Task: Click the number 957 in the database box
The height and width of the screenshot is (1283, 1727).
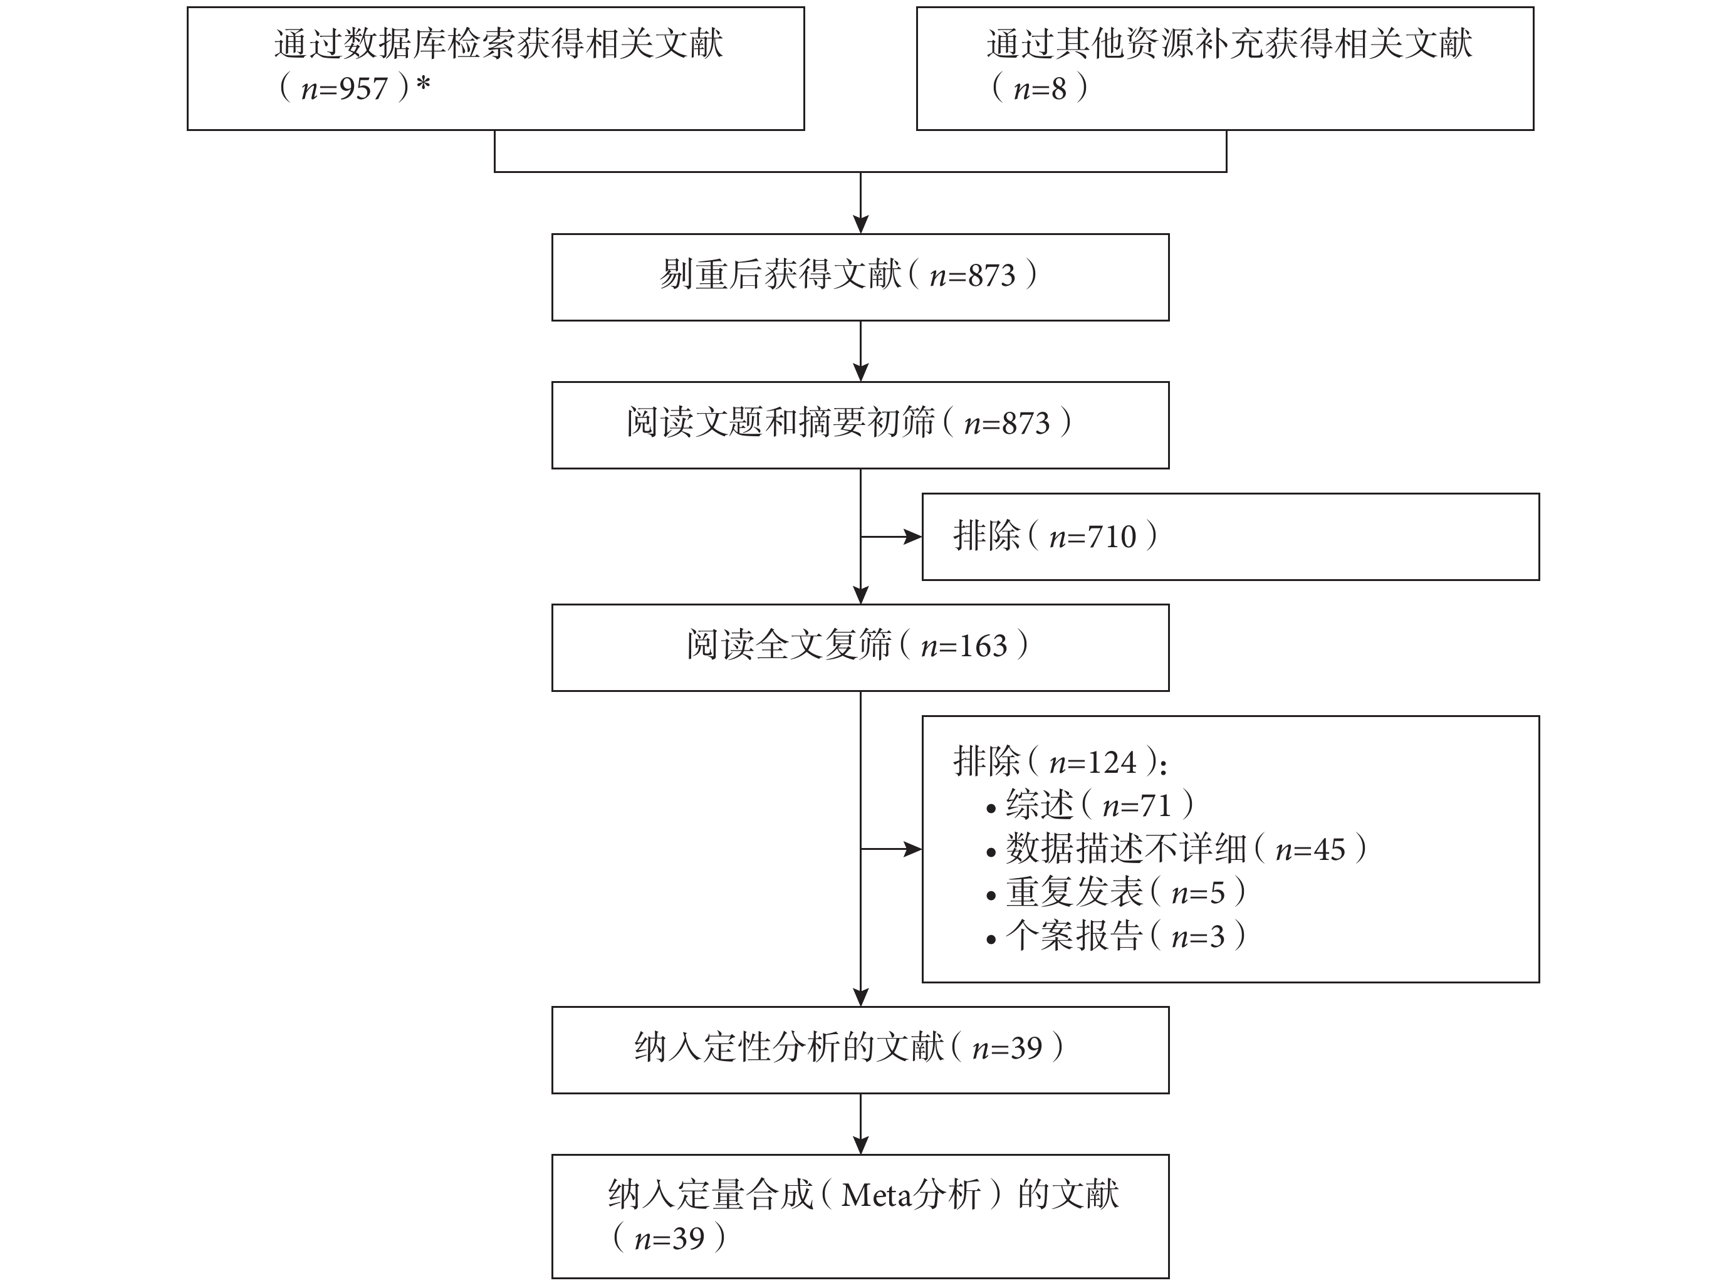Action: coord(363,89)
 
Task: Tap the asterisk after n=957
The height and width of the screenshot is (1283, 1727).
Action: coord(423,84)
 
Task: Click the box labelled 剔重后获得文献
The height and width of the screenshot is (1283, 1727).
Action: coord(860,277)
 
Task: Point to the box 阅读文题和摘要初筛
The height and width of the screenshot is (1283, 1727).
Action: coord(860,425)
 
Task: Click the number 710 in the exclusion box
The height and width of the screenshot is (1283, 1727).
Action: coord(1112,537)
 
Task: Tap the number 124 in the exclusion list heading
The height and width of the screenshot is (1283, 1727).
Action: coord(1112,763)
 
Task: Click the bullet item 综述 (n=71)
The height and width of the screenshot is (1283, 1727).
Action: coord(1090,805)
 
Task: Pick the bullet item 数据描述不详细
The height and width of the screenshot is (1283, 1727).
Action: coord(1176,849)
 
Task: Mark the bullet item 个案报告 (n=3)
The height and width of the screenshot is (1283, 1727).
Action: coord(1116,936)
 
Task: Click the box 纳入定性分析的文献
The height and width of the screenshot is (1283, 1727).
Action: coord(860,1050)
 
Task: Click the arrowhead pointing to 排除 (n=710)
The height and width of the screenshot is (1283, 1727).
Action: coord(912,537)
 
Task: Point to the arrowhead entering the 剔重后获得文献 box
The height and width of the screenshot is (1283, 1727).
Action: coord(860,224)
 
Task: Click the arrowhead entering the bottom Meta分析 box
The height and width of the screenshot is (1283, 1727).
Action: coord(860,1144)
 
